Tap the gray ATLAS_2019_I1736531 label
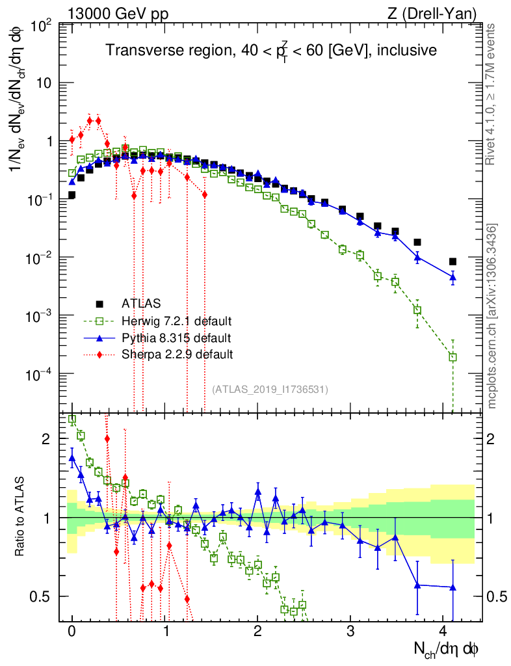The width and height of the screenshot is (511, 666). point(270,389)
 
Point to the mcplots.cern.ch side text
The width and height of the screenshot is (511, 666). point(492,316)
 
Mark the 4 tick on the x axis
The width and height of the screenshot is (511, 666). point(443,630)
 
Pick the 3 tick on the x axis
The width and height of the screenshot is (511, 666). point(350,630)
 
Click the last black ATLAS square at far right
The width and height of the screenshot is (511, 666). point(452,261)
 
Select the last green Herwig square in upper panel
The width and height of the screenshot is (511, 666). point(452,356)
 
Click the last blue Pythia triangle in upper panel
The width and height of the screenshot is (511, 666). point(452,277)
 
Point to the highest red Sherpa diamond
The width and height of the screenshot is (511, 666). point(90,120)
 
